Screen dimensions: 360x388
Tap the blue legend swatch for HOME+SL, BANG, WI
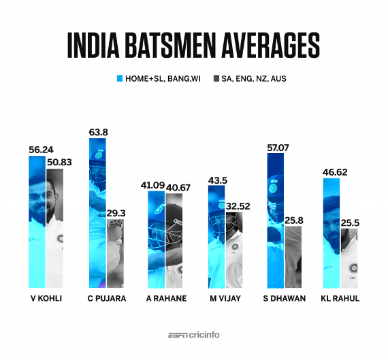coord(119,79)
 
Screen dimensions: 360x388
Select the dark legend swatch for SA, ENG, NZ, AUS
coord(216,79)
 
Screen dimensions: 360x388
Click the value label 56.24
coord(42,150)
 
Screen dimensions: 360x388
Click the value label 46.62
coord(334,172)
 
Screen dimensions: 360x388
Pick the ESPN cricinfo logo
coord(194,335)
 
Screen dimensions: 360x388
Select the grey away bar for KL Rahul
coord(349,258)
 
